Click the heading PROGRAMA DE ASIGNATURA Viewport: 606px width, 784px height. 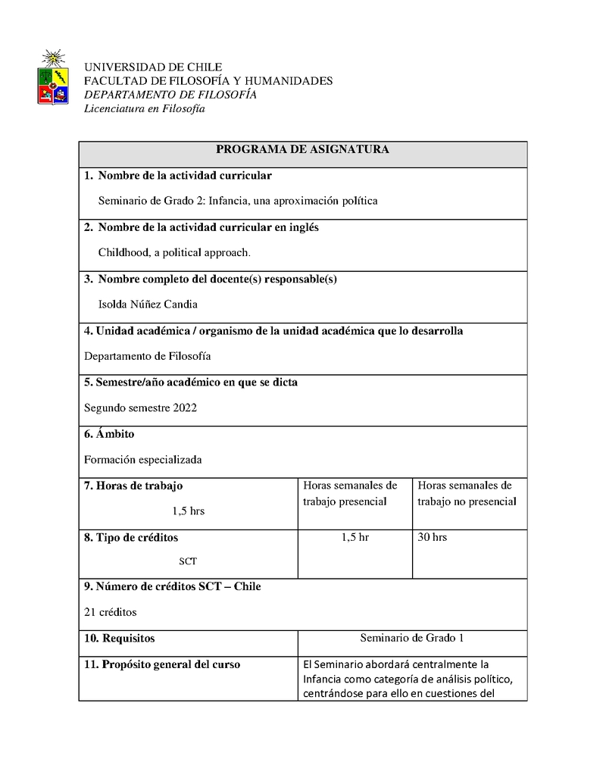[302, 150]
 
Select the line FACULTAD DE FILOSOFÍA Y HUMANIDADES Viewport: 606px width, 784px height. [208, 81]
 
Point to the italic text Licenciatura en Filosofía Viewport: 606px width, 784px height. [144, 108]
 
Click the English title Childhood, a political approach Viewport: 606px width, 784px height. [174, 252]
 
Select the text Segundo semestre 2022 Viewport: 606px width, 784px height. [140, 408]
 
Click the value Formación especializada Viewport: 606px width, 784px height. [142, 459]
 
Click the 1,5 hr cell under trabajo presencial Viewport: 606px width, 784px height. [355, 537]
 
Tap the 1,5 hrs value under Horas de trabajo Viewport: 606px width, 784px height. [188, 511]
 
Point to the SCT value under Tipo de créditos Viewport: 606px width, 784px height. [188, 561]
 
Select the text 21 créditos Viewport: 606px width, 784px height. [111, 612]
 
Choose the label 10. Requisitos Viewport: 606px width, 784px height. [120, 639]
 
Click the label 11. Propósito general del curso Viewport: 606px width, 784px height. [162, 664]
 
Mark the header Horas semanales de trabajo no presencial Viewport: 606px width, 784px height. [467, 493]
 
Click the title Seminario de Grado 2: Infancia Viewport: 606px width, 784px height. [238, 201]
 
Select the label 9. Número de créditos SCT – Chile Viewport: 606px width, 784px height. [172, 586]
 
